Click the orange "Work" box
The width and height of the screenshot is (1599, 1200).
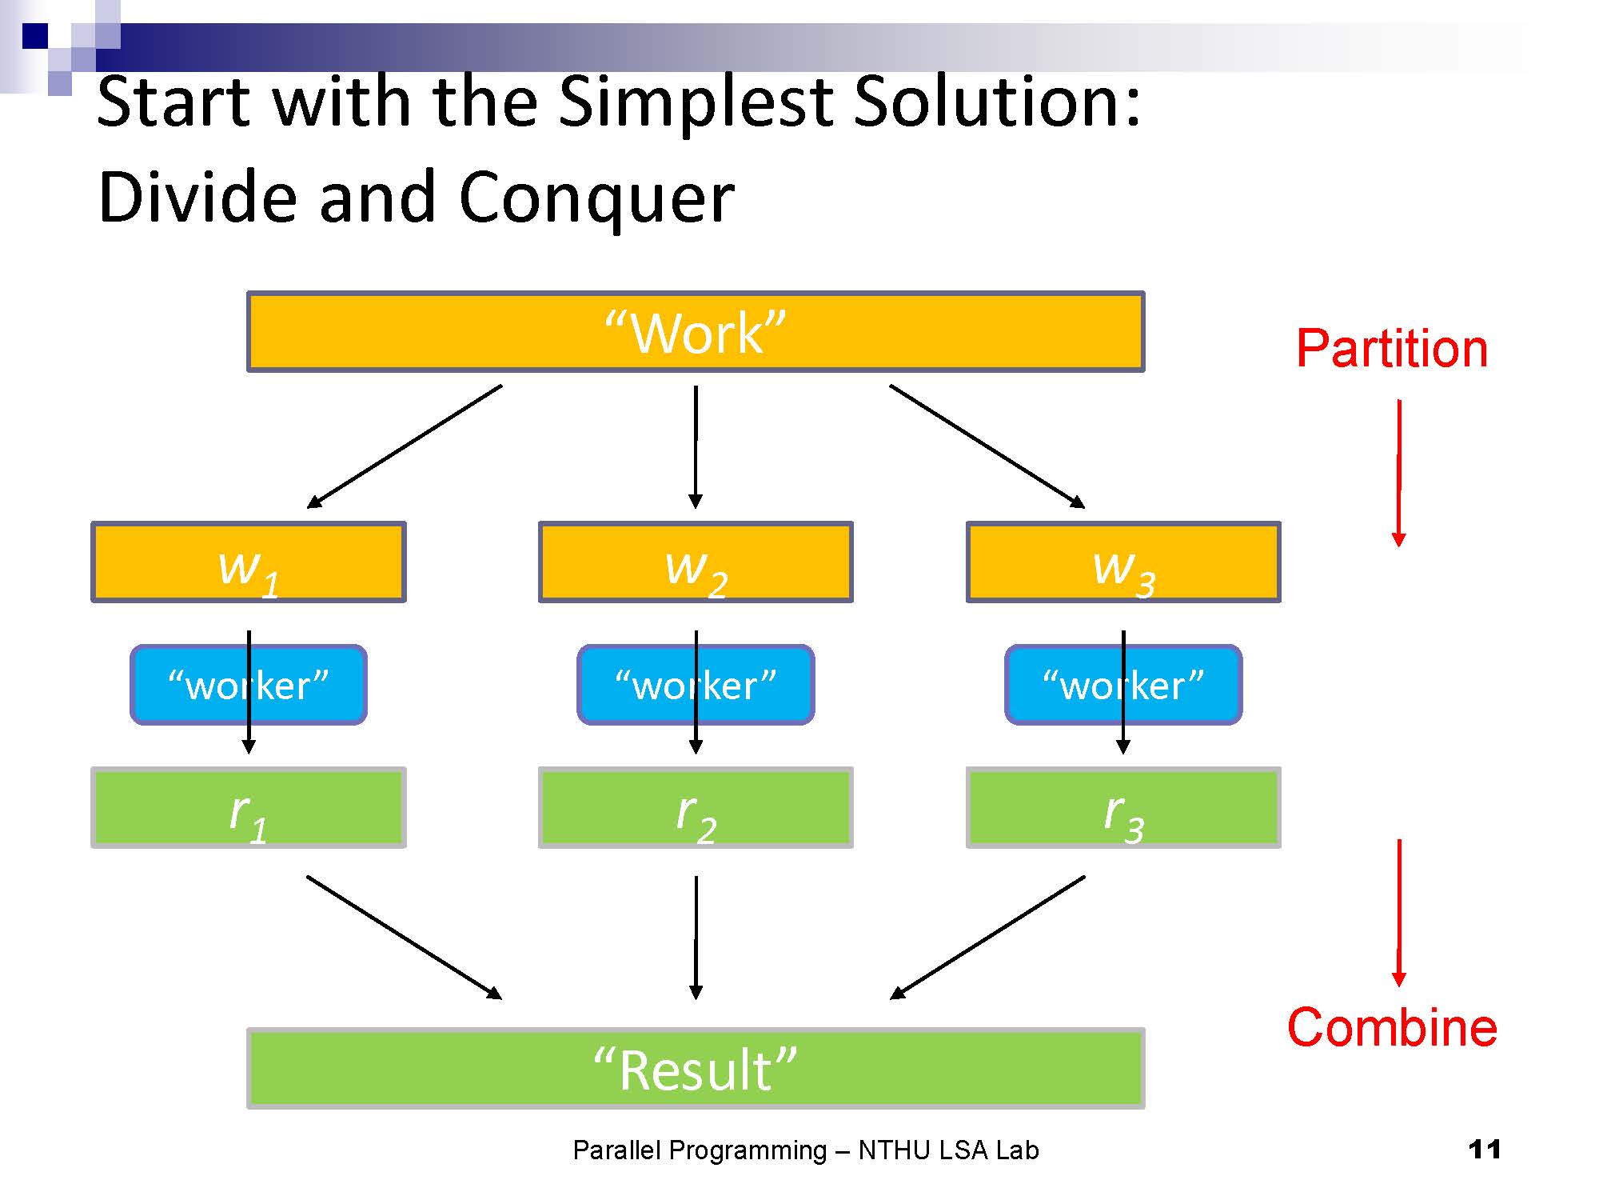click(696, 331)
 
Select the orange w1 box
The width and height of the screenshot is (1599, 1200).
click(249, 562)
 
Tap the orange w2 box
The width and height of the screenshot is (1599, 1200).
click(696, 562)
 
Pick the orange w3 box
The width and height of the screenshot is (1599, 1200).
click(1123, 562)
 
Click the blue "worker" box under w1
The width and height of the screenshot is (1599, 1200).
click(200, 686)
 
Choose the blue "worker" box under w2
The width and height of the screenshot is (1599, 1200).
click(648, 686)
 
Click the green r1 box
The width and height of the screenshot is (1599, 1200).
click(249, 808)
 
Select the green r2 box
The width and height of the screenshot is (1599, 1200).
click(696, 808)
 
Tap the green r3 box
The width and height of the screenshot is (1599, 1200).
click(1123, 808)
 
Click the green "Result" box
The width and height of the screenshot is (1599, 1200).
click(696, 1069)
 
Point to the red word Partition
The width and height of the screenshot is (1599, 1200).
click(1391, 350)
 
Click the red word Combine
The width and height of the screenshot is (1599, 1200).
click(1391, 1028)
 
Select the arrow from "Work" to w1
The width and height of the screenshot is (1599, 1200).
click(405, 446)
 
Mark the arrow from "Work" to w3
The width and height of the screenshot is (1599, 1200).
click(987, 446)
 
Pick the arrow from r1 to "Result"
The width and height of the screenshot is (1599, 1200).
click(405, 938)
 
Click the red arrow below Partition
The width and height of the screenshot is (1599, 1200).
click(1399, 472)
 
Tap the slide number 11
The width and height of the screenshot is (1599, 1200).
click(1485, 1150)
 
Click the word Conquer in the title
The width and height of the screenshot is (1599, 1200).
click(596, 198)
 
